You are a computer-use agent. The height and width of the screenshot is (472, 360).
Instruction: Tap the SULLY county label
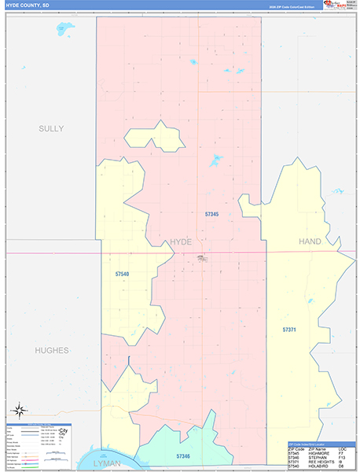tap(51, 128)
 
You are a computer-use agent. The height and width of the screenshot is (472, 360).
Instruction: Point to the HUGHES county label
tap(51, 350)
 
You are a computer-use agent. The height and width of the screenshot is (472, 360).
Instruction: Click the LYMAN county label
tap(107, 463)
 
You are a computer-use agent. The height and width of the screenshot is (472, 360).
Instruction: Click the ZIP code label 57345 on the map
tap(211, 214)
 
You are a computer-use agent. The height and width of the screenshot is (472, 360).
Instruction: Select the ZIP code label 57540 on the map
tap(122, 274)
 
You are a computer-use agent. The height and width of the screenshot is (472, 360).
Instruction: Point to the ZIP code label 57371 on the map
tap(290, 329)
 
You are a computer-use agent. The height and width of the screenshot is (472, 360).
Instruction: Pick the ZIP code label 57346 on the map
tap(183, 456)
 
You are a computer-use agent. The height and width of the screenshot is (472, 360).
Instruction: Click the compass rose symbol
tap(19, 410)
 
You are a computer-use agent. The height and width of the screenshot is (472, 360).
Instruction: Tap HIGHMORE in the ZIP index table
tap(318, 452)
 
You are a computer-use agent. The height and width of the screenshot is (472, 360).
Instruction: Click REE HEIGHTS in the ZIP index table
tap(320, 462)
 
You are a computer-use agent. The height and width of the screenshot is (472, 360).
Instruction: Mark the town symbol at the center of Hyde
tap(203, 257)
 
